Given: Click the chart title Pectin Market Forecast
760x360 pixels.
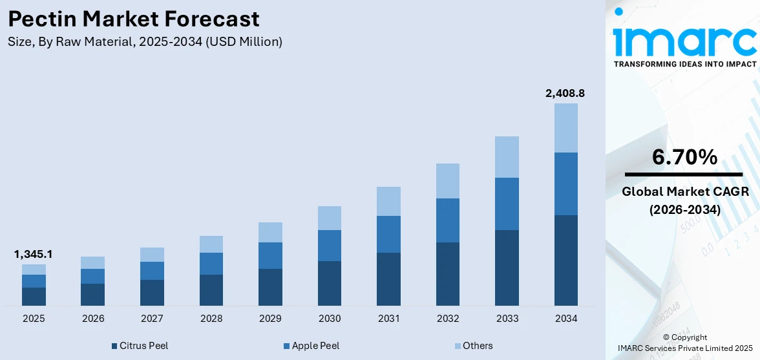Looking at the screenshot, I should pyautogui.click(x=134, y=19).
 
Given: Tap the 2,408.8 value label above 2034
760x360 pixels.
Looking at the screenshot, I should pyautogui.click(x=565, y=94).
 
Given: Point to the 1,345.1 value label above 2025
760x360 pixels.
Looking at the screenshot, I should pyautogui.click(x=34, y=255).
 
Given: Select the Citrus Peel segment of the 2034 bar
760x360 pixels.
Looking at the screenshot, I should pyautogui.click(x=566, y=260).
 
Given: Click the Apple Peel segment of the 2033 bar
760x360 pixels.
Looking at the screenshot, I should pyautogui.click(x=507, y=204).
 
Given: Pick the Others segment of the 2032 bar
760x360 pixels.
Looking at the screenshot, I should pyautogui.click(x=448, y=181).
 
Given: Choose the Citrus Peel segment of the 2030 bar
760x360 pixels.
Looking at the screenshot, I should pyautogui.click(x=330, y=283).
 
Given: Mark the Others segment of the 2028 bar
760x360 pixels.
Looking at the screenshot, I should pyautogui.click(x=211, y=244).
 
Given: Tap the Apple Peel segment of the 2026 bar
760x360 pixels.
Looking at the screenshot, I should pyautogui.click(x=93, y=276).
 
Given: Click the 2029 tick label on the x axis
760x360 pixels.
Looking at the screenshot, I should pyautogui.click(x=270, y=319).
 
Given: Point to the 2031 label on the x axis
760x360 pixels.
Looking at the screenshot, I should pyautogui.click(x=388, y=319).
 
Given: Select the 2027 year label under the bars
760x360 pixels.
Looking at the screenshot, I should pyautogui.click(x=152, y=319).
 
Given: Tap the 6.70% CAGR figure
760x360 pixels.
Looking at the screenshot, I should pyautogui.click(x=684, y=157).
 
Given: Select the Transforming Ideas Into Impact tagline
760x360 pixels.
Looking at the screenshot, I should pyautogui.click(x=684, y=64).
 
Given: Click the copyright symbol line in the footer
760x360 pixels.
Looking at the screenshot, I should pyautogui.click(x=685, y=337).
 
